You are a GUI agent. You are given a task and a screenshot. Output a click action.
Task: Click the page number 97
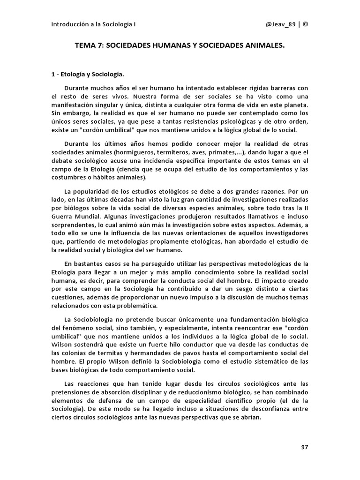coord(304,447)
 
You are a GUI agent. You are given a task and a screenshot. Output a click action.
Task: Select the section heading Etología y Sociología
coord(91,74)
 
